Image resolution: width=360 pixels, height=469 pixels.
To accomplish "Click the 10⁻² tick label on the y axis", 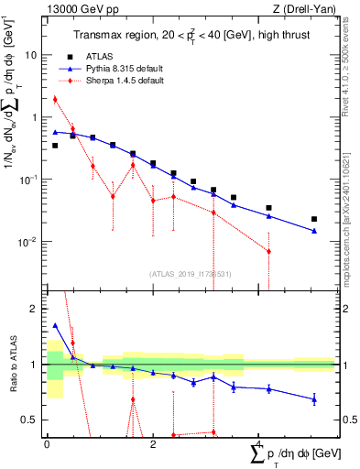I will click(x=27, y=242).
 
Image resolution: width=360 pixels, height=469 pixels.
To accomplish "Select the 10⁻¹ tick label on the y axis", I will click(x=27, y=180).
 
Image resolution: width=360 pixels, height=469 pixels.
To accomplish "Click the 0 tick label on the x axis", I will click(x=47, y=444).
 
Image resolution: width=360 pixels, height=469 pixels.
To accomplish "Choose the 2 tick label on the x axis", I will click(x=152, y=444).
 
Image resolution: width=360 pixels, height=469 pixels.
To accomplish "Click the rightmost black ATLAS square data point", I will click(x=314, y=219).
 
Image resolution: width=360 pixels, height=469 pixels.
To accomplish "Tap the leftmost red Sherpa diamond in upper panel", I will click(x=55, y=99).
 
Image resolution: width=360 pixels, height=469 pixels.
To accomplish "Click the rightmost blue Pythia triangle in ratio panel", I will click(x=314, y=398).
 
